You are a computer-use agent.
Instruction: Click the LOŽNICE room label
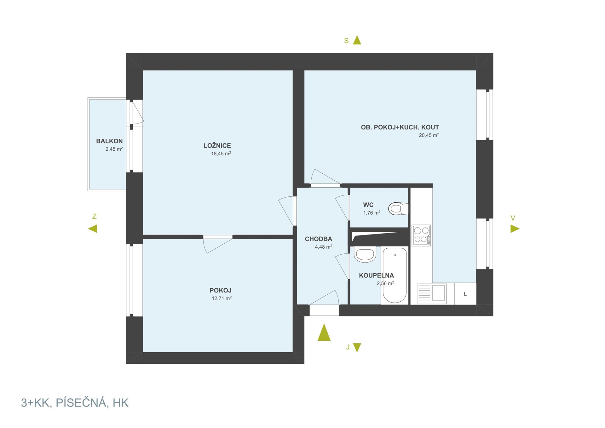217,146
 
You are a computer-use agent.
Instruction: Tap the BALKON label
109,141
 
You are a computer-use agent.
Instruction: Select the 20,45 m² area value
429,135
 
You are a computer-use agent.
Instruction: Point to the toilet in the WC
398,209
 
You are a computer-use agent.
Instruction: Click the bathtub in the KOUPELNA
395,275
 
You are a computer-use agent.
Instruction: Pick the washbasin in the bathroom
365,254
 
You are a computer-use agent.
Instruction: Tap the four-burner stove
421,235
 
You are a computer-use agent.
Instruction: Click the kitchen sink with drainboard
432,294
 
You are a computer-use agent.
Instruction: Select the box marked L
465,294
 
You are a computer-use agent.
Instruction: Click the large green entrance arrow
324,333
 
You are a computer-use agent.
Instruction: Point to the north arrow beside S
357,40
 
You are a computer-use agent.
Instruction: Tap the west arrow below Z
93,228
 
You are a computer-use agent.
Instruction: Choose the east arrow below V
515,228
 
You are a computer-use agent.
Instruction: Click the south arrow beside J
357,347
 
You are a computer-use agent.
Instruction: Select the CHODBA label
319,239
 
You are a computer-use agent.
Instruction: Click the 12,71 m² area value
222,298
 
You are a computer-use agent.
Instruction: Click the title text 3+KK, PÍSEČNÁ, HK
75,403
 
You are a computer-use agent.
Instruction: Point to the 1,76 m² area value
372,213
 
